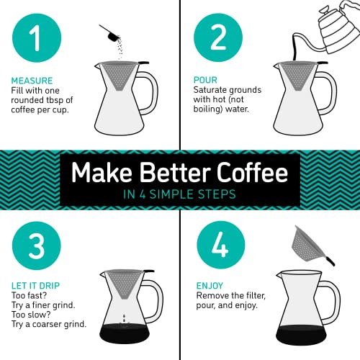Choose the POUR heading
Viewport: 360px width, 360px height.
207,80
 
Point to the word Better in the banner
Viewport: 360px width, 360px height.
165,174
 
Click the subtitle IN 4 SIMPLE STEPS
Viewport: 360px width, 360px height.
180,195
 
